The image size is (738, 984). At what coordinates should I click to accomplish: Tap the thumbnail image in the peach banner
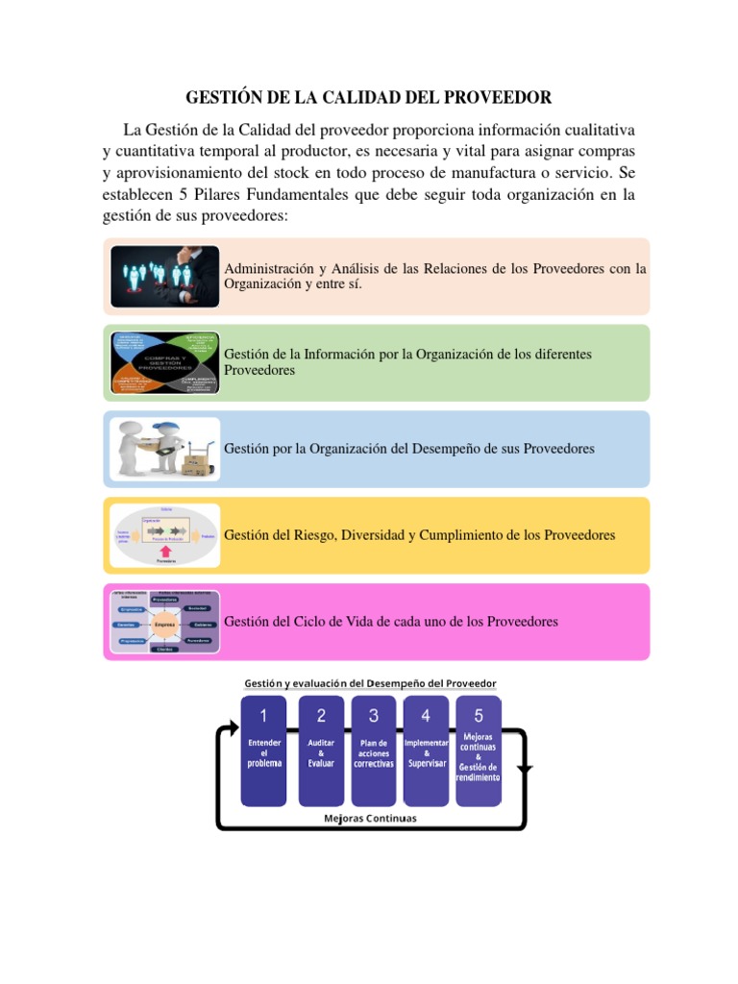click(x=165, y=277)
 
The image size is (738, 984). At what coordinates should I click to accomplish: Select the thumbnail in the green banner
click(x=165, y=363)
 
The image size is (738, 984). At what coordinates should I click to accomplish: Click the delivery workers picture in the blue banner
click(x=165, y=449)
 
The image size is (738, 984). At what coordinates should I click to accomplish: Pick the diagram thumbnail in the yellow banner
click(x=165, y=535)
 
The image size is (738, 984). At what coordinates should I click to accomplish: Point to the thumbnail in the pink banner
click(x=165, y=622)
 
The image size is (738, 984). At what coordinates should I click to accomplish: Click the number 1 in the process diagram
click(x=263, y=715)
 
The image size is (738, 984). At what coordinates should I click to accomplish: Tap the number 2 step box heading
click(x=321, y=715)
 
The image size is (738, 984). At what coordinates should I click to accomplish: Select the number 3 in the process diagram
click(x=374, y=715)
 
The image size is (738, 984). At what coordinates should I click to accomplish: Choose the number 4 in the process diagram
click(x=426, y=715)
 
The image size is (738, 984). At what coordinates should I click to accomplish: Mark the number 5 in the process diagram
click(x=479, y=715)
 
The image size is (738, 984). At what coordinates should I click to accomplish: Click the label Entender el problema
click(x=264, y=753)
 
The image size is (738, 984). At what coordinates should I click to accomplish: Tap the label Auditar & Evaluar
click(x=321, y=753)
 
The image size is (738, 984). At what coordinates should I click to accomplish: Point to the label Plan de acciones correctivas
click(x=374, y=753)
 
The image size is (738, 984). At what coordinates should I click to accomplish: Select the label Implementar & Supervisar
click(x=427, y=753)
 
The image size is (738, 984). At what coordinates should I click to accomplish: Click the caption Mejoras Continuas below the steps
click(x=371, y=819)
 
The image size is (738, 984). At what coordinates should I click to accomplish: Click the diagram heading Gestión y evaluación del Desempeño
click(x=370, y=683)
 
